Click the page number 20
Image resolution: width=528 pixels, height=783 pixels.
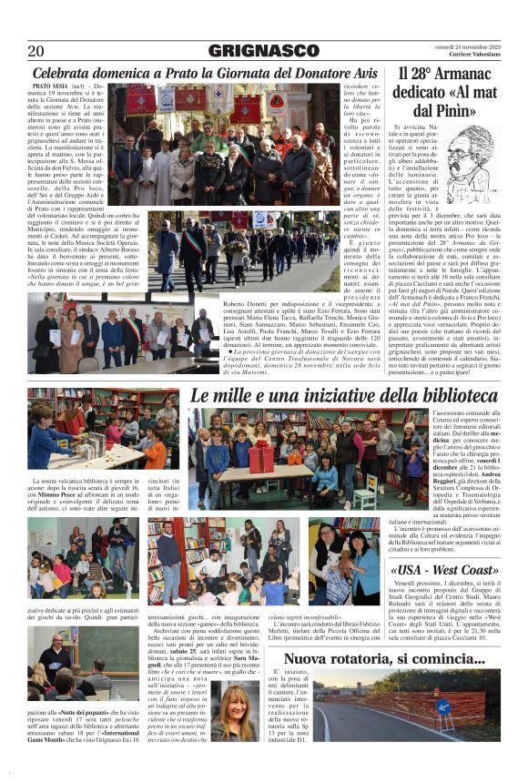pos(36,51)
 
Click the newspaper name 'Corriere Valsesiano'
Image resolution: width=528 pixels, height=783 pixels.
pos(465,56)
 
